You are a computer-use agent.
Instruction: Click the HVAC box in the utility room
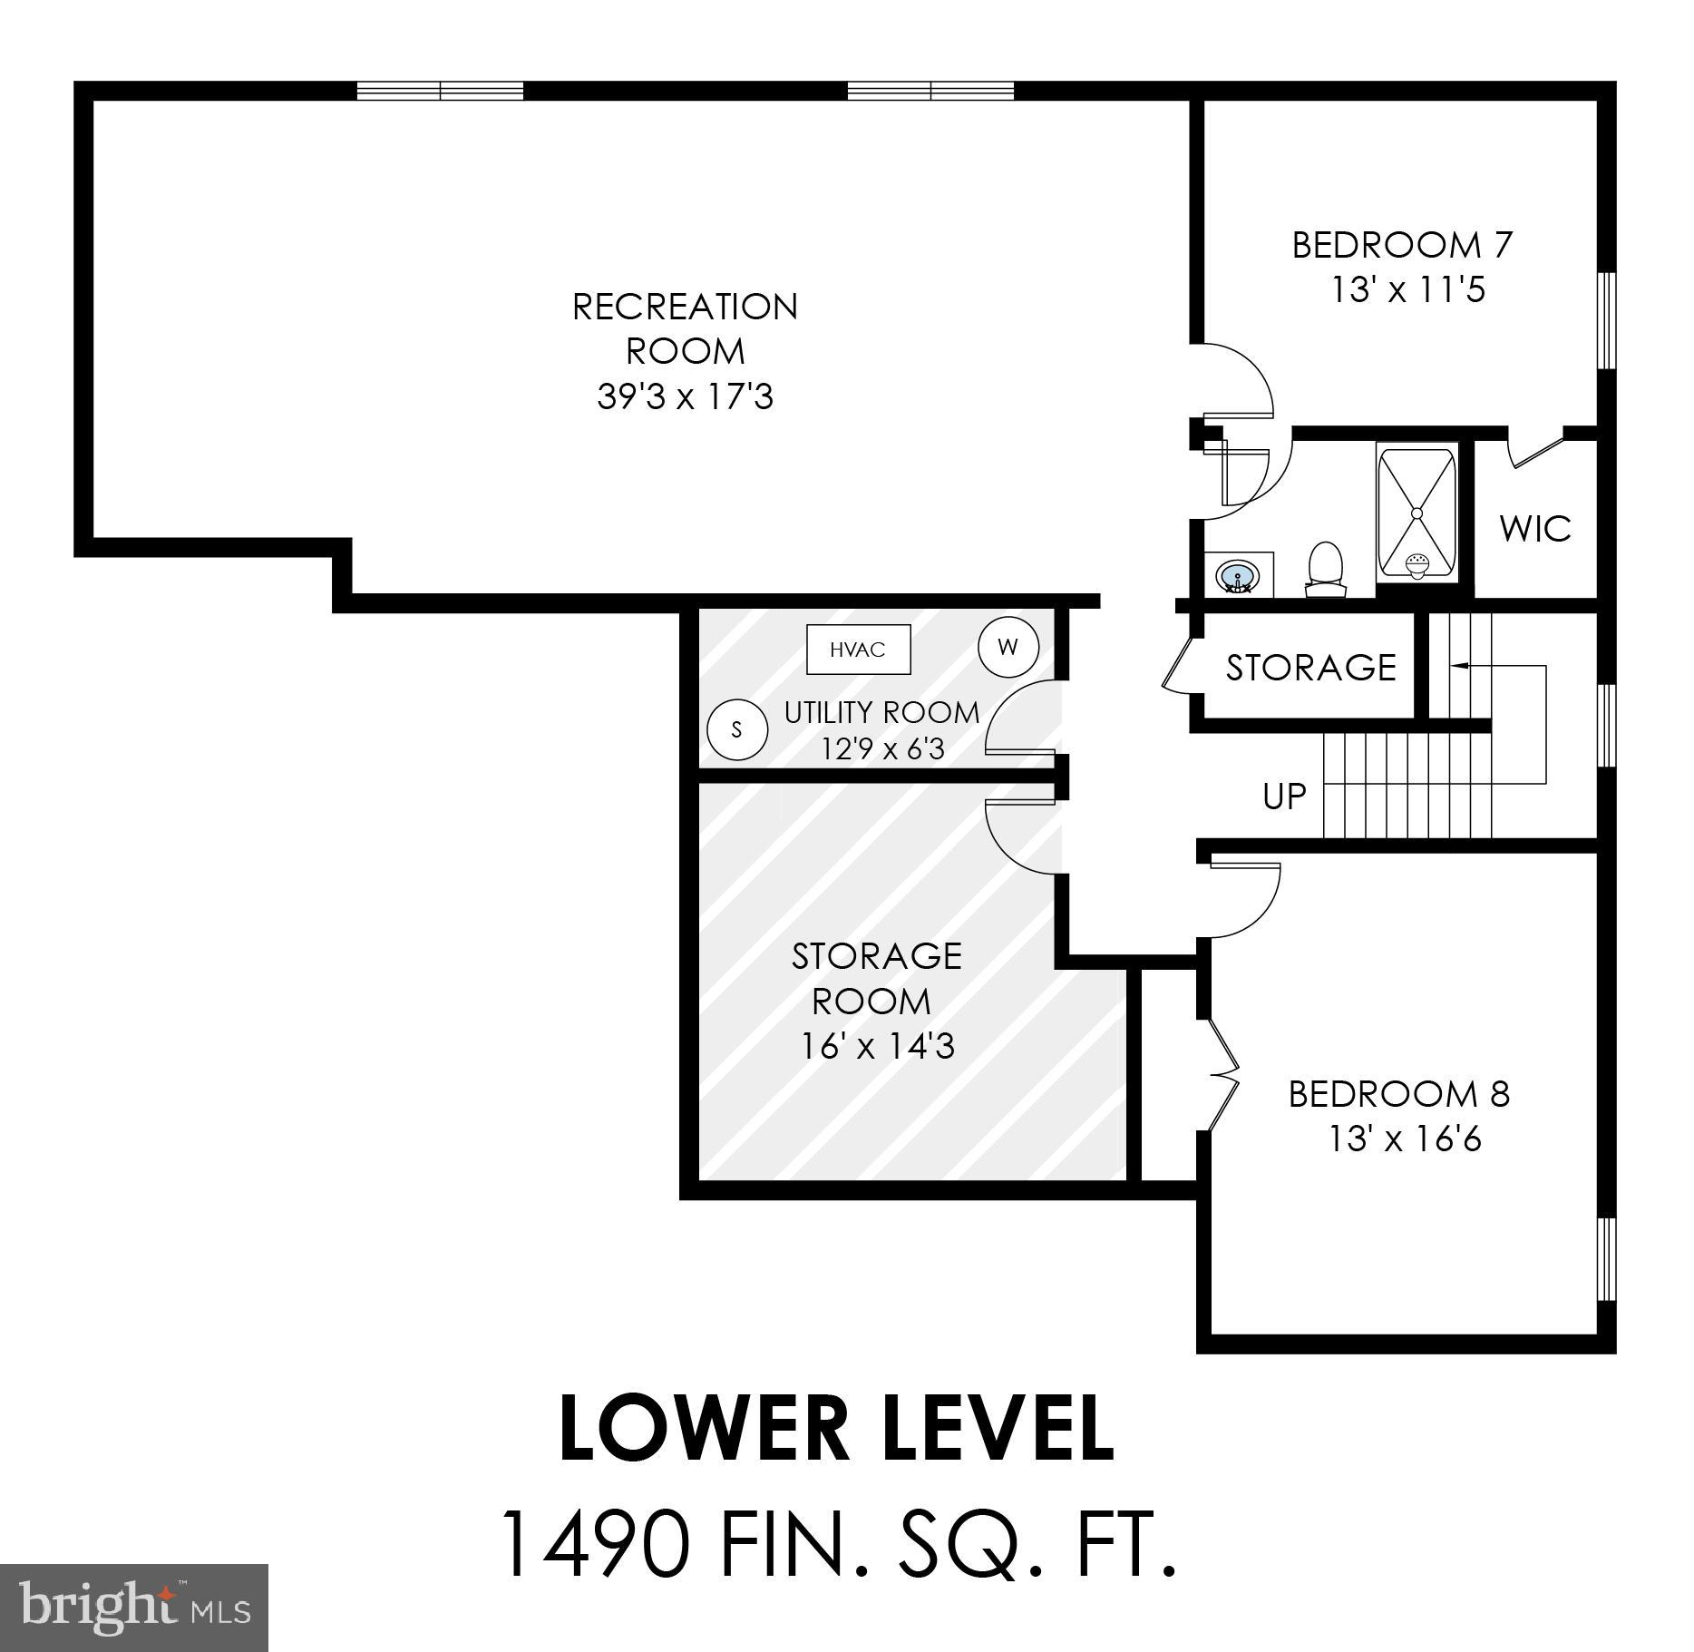coord(858,650)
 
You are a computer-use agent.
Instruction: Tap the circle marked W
coord(1008,647)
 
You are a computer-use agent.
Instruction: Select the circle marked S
coord(736,728)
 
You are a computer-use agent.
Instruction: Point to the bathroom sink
coord(1237,575)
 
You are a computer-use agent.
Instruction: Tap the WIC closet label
coord(1534,529)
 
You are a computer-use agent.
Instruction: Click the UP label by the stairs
coord(1284,797)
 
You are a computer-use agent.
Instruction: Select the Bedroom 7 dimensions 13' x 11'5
coord(1407,290)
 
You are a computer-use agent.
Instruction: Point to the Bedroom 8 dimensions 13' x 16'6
coord(1405,1139)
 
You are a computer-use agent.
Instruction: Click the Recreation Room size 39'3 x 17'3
coord(685,396)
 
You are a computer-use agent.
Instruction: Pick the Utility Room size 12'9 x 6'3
coord(882,748)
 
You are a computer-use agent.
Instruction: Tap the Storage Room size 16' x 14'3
coord(877,1047)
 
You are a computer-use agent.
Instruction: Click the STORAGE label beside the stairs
coord(1310,668)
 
